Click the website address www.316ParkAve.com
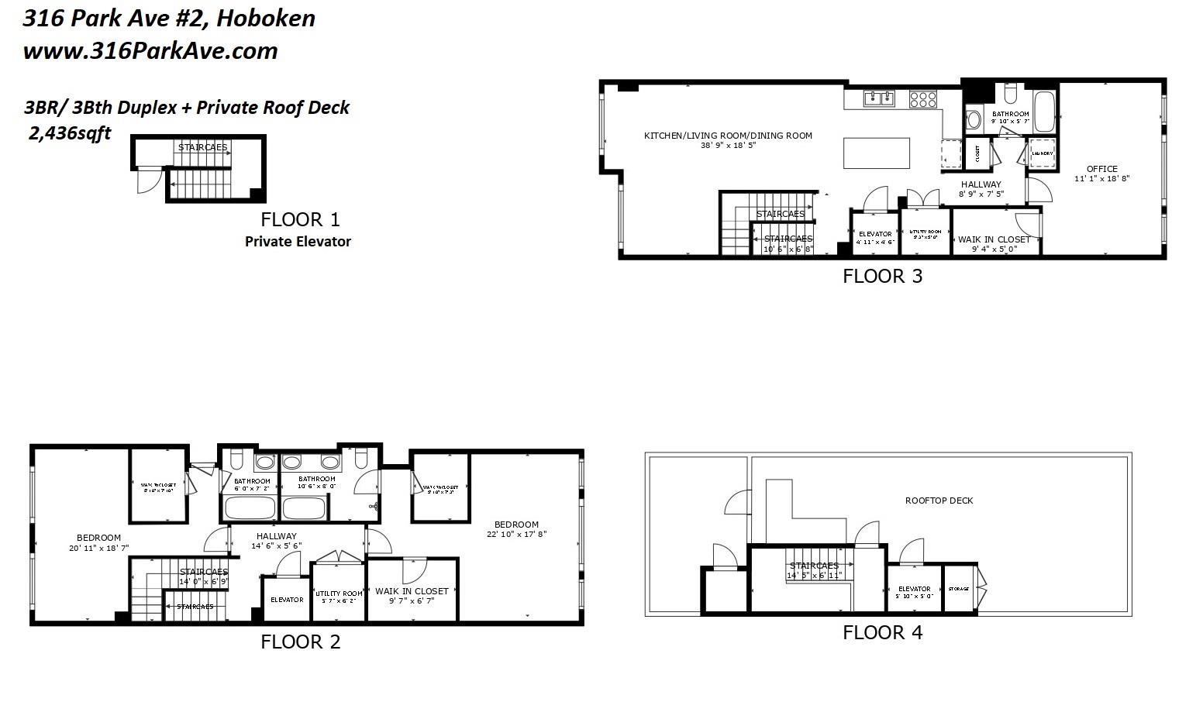pos(150,51)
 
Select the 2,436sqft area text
pos(69,133)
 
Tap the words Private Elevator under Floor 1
pos(298,242)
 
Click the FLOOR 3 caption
pos(882,277)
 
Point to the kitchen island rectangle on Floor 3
pos(876,153)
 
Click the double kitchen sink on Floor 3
pos(879,98)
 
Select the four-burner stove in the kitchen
pos(922,98)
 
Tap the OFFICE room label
pos(1101,169)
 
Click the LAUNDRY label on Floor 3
pos(1042,153)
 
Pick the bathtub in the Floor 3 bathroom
pos(1044,112)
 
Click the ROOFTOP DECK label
pos(939,501)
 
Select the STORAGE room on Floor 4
pos(958,589)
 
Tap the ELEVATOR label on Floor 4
pos(914,589)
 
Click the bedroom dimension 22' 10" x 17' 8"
pos(516,534)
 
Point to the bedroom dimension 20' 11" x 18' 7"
pos(98,548)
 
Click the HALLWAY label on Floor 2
pos(276,536)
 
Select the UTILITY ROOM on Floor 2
pos(339,594)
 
